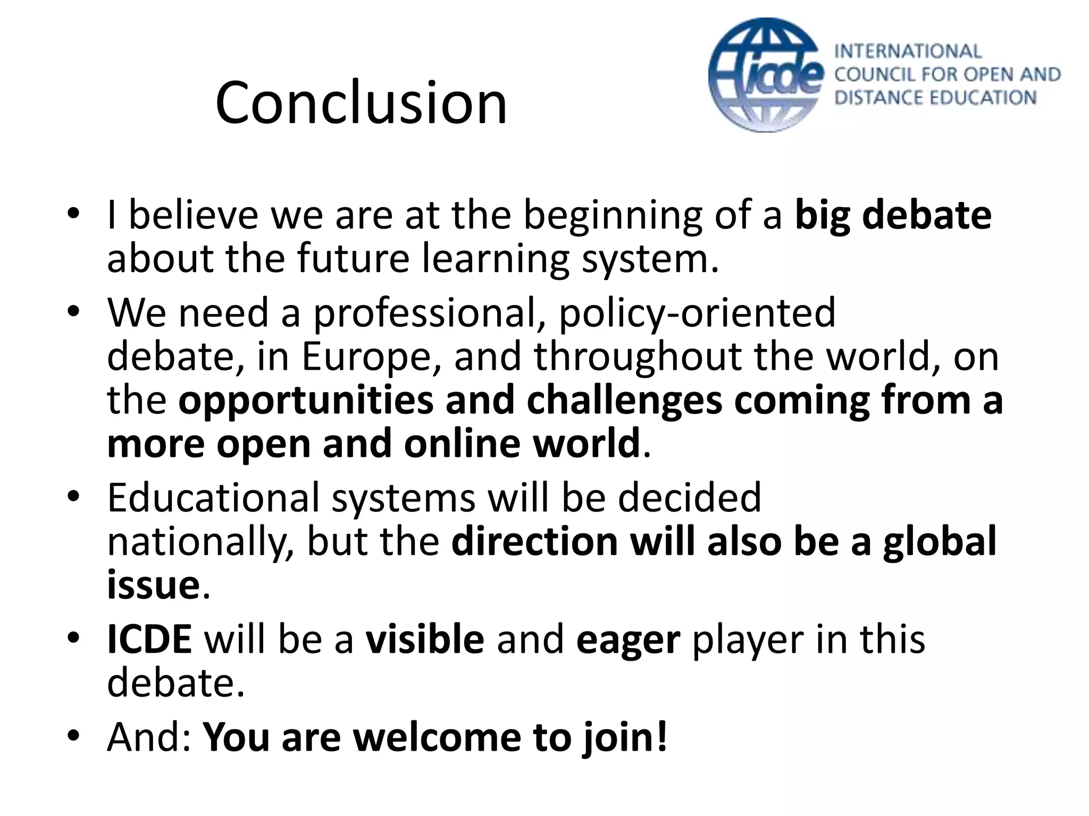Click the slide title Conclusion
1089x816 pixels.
pyautogui.click(x=361, y=102)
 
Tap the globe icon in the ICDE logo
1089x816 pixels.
pyautogui.click(x=765, y=75)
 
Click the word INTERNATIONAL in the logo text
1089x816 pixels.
pyautogui.click(x=908, y=52)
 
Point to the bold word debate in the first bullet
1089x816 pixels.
pyautogui.click(x=926, y=215)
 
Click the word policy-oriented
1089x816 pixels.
pyautogui.click(x=697, y=313)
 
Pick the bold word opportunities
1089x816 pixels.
pyautogui.click(x=306, y=401)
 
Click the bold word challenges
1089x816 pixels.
pyautogui.click(x=624, y=401)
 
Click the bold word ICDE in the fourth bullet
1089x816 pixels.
pyautogui.click(x=149, y=639)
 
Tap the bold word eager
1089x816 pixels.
pyautogui.click(x=628, y=640)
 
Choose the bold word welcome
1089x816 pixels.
pyautogui.click(x=437, y=737)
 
